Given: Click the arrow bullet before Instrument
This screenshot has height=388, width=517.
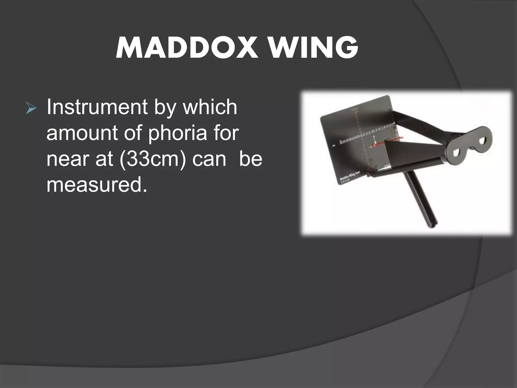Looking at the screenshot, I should (x=31, y=109).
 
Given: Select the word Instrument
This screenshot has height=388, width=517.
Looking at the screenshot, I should (x=97, y=107).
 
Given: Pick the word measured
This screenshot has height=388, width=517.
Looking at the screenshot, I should (x=97, y=185).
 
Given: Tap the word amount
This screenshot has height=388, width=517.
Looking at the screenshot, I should (x=82, y=133).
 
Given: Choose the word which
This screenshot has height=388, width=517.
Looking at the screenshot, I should (x=210, y=107).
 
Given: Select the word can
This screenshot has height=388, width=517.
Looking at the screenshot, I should (x=209, y=159).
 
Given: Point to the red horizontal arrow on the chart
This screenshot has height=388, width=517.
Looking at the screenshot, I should (x=379, y=144).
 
